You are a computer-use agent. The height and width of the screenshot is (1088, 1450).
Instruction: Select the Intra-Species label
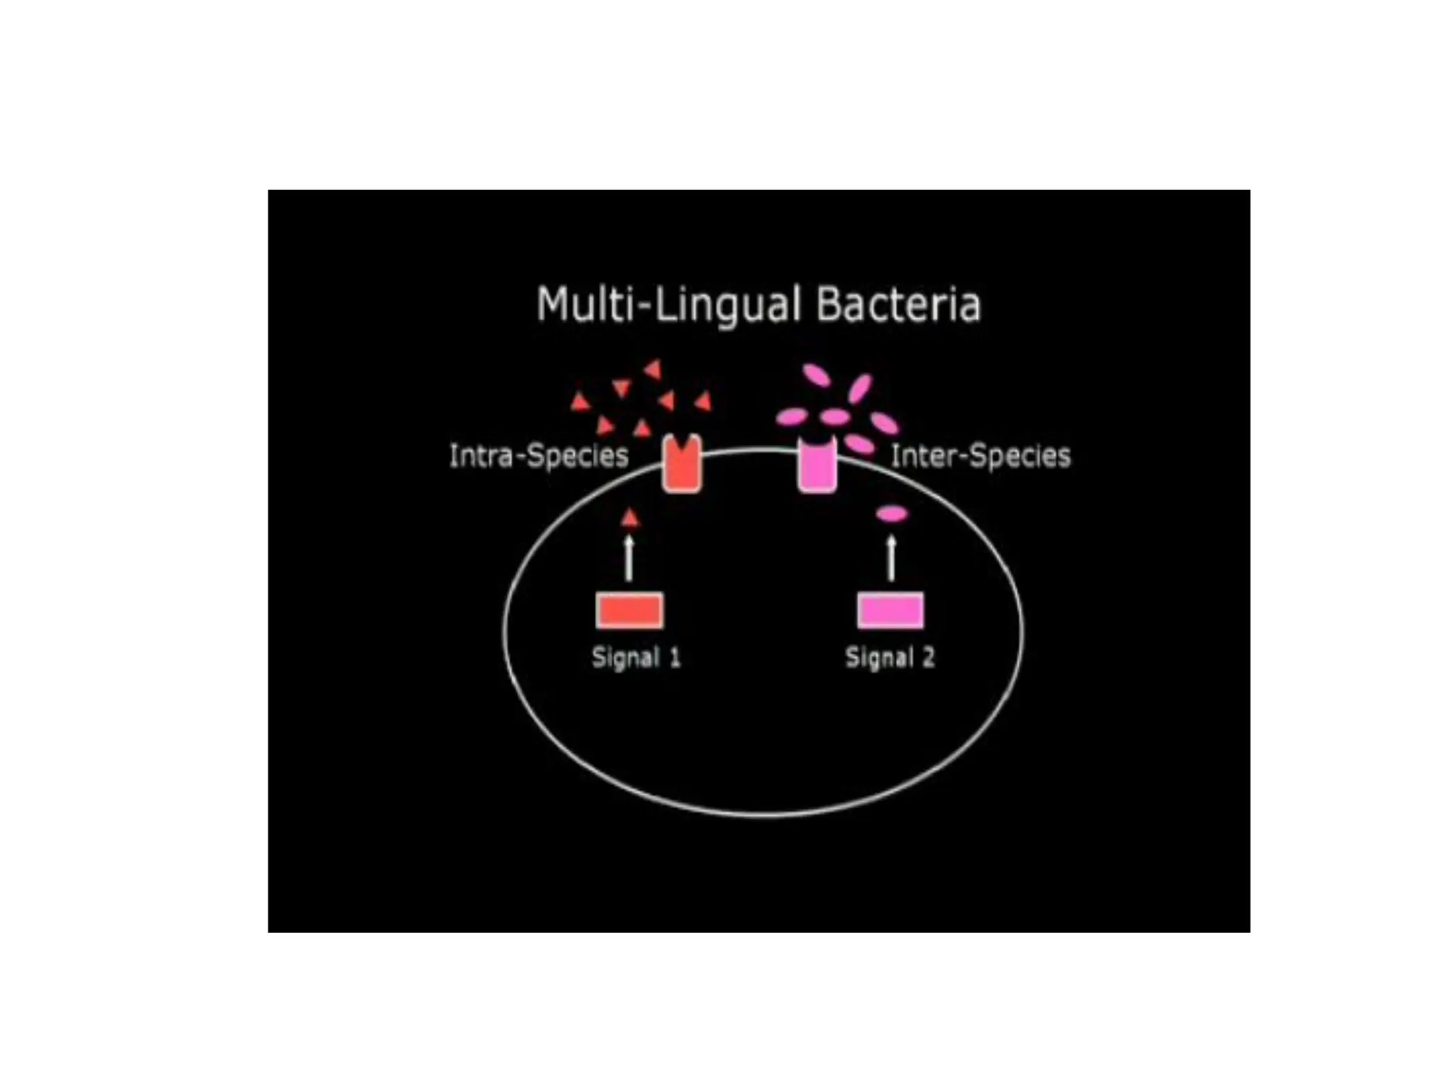tap(539, 455)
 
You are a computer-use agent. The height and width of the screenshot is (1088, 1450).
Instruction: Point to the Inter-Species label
tap(981, 455)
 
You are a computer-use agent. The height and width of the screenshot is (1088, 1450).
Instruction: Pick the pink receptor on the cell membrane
tap(818, 465)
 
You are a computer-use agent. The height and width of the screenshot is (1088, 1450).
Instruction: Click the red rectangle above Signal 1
tap(629, 611)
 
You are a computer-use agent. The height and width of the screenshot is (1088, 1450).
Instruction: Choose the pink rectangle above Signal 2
tap(891, 611)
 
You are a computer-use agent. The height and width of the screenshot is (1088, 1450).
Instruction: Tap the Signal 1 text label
tap(636, 657)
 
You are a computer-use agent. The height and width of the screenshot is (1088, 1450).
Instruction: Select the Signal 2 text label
tap(890, 657)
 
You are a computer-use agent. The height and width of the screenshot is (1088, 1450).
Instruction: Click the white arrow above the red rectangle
tap(629, 558)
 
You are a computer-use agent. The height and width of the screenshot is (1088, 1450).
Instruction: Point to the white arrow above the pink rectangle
tap(891, 558)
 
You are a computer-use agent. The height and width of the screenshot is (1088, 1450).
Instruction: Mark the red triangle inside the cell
tap(629, 518)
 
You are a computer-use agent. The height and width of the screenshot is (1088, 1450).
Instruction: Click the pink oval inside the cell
tap(891, 514)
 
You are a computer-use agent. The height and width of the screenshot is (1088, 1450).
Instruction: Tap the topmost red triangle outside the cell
tap(653, 369)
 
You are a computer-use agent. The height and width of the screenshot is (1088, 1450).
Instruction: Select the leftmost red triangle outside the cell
tap(581, 402)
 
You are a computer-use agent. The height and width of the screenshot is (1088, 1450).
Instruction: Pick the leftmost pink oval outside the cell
tap(792, 416)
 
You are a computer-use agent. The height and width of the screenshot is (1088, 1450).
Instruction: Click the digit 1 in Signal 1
tap(675, 657)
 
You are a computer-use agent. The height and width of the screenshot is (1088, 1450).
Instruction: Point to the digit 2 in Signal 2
tap(928, 657)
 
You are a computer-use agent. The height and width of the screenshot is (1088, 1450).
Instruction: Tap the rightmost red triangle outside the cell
tap(703, 402)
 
